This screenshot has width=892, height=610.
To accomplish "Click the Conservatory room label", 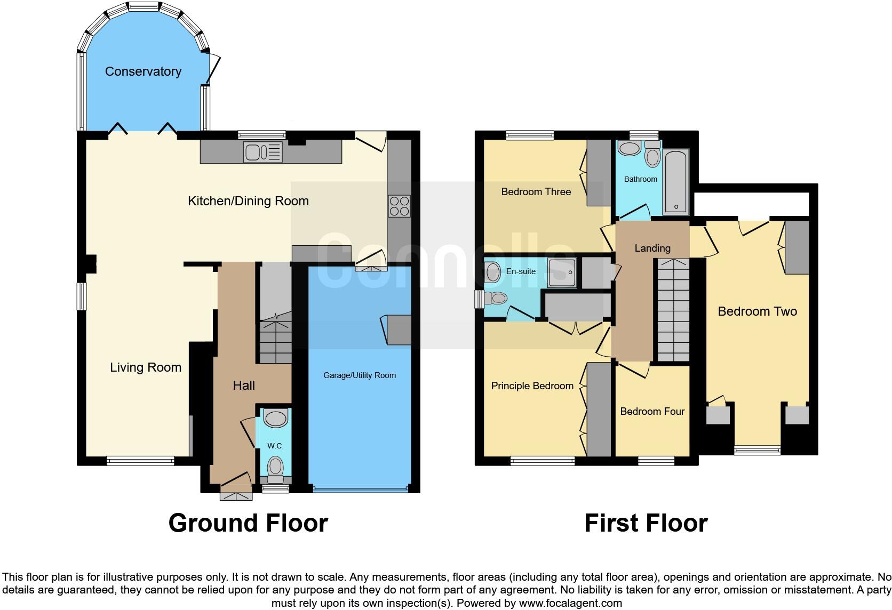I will [143, 71].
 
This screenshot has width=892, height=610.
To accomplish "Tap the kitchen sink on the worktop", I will [262, 152].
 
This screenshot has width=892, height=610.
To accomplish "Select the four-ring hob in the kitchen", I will [400, 206].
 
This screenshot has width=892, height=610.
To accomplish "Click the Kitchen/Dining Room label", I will [248, 201].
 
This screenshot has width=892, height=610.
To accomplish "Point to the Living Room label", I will [146, 367].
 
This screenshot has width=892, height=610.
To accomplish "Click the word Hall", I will [244, 386].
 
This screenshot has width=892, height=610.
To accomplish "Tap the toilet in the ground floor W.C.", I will [275, 466].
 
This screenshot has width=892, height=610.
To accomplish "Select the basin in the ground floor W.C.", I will [276, 419].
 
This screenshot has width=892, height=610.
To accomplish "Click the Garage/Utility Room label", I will [360, 375].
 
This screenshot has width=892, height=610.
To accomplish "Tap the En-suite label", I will [521, 271].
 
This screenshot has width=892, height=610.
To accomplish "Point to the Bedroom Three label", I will [536, 192].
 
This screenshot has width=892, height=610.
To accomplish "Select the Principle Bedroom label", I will [532, 386].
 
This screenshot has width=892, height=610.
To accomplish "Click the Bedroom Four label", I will [652, 411].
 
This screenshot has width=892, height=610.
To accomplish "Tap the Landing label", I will [652, 248].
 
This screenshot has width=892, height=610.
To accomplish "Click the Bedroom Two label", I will [757, 311].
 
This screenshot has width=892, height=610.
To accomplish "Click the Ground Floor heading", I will [248, 523].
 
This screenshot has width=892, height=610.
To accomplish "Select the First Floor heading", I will [646, 523].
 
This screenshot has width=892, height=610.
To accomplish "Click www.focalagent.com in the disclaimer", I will [570, 604].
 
